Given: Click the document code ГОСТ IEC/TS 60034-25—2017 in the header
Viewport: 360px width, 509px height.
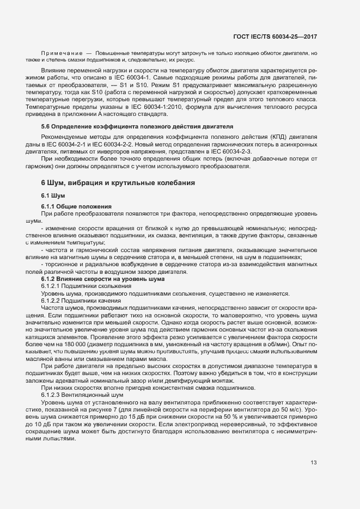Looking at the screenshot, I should (274, 36).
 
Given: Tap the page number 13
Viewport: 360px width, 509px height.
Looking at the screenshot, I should (314, 463).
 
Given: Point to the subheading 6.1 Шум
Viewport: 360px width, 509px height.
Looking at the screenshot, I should (53, 195).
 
